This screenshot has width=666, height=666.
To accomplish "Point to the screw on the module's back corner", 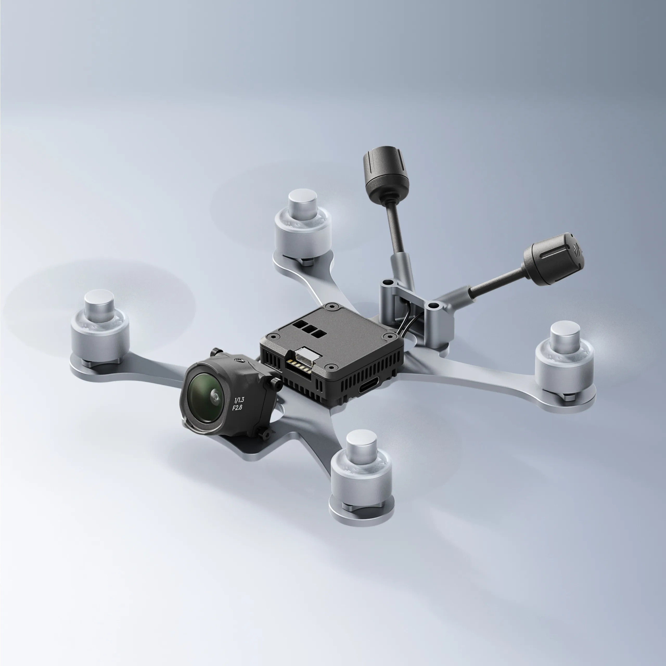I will [x=332, y=306].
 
